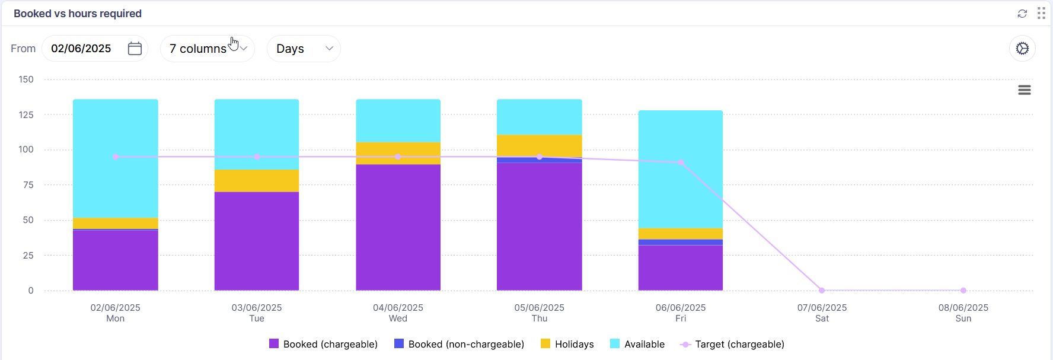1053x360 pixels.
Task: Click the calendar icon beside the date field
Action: [135, 49]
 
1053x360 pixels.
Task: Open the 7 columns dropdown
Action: [207, 49]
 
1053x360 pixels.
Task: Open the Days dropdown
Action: [304, 49]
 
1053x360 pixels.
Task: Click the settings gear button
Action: [1022, 49]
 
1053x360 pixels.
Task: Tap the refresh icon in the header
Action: [1022, 14]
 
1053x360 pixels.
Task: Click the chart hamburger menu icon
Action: [1025, 90]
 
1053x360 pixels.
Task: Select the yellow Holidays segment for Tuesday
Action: [257, 181]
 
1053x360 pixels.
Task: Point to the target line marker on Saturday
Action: [822, 291]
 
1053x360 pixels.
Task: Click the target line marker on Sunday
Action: [963, 291]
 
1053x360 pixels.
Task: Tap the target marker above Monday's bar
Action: [116, 157]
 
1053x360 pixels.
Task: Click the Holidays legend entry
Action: [567, 344]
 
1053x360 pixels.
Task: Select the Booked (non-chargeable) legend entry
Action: [460, 344]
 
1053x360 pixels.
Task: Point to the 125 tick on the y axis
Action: [26, 114]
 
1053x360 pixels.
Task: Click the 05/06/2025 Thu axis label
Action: [540, 313]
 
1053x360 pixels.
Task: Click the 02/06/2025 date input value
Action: [81, 49]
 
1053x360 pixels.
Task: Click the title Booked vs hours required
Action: [78, 14]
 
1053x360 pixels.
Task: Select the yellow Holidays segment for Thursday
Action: [540, 145]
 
